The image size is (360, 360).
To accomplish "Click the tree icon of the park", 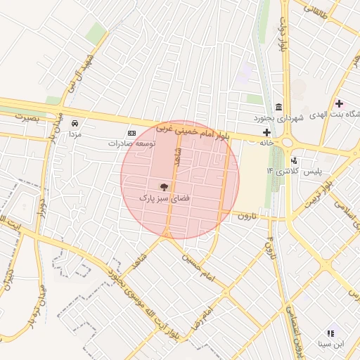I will (165, 186).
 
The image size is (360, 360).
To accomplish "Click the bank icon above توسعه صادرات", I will (131, 132).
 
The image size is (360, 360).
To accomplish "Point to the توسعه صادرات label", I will (131, 143).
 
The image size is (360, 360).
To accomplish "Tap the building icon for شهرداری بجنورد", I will (280, 107).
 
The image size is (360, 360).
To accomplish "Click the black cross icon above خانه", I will (266, 131).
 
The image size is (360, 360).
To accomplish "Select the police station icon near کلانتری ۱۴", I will (293, 160).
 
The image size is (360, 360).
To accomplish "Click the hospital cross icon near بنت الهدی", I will (339, 103).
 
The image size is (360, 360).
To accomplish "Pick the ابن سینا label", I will (331, 345).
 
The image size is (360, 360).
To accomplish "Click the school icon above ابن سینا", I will (331, 333).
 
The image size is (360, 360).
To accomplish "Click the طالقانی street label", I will (316, 8).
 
